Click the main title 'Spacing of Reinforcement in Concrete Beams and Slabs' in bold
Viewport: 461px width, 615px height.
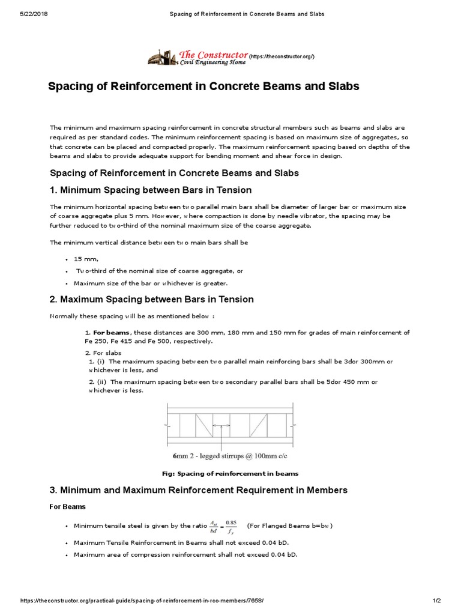tap(203, 86)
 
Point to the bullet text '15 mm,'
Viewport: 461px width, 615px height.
tap(86, 259)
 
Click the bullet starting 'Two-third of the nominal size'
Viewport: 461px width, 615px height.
tap(159, 271)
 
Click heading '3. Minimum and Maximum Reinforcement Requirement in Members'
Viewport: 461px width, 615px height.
tap(198, 491)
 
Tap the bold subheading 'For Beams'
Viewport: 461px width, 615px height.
tap(67, 507)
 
